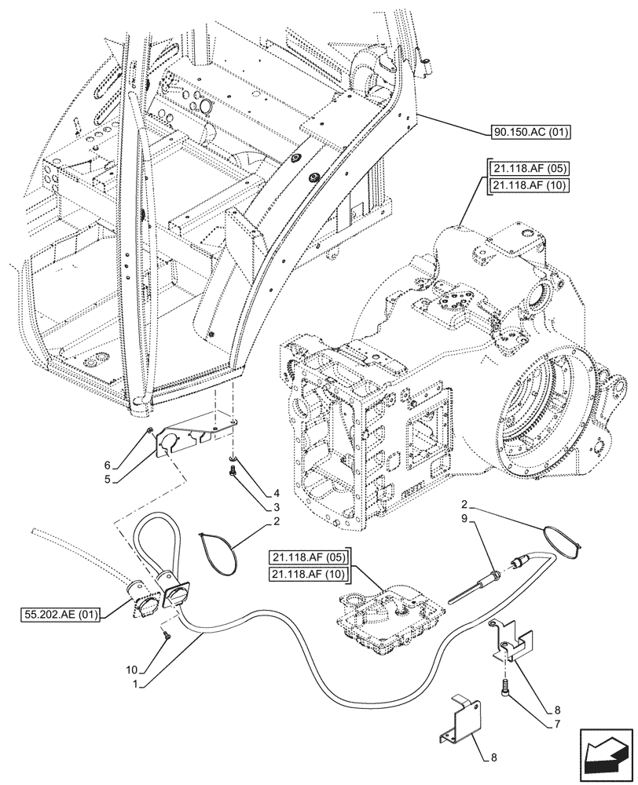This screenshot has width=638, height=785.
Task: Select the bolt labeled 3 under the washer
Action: click(233, 472)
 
